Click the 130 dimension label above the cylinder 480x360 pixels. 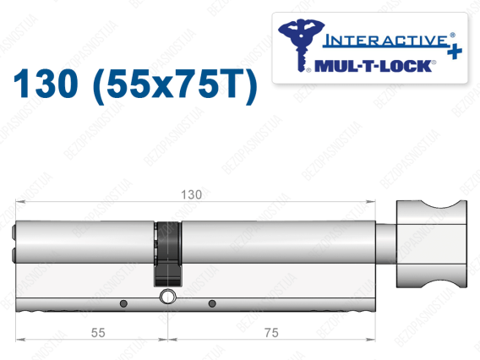tap(191, 194)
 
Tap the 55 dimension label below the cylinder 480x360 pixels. tap(98, 333)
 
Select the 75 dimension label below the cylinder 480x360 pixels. tap(271, 333)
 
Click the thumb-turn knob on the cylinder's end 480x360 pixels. tap(432, 244)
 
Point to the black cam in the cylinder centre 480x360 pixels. tap(167, 254)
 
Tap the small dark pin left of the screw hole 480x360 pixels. tap(123, 303)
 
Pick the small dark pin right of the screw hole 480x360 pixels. tap(212, 303)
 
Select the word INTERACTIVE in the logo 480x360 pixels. tap(385, 41)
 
